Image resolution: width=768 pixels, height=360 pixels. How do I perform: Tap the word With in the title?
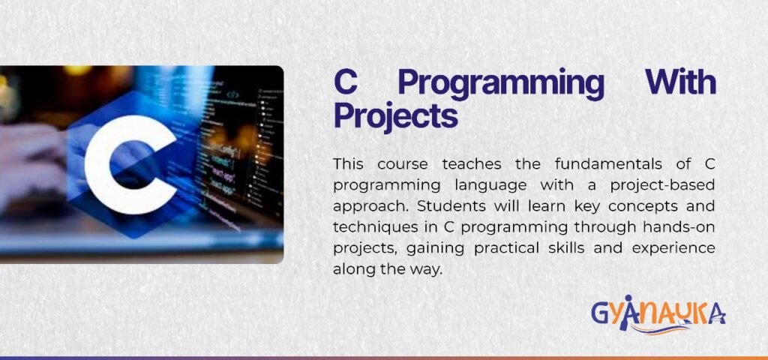tap(680, 82)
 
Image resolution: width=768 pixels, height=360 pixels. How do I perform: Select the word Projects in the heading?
tap(395, 118)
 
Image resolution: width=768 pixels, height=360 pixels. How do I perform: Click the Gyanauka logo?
tap(658, 315)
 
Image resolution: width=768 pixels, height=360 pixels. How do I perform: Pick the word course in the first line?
tap(402, 165)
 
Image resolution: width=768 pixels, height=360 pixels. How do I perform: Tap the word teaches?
tap(472, 164)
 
